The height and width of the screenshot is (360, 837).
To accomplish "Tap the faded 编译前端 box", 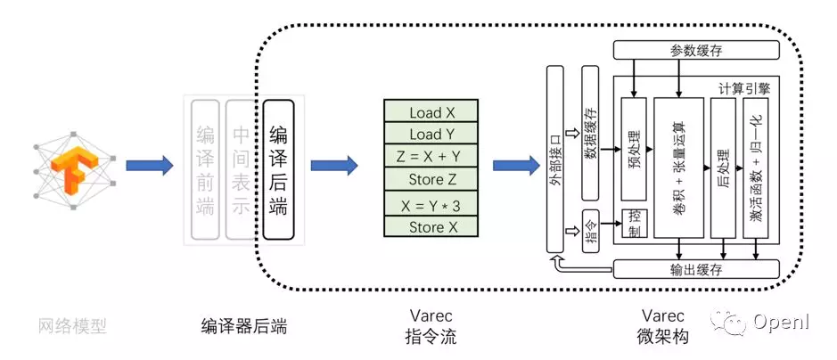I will [x=205, y=169].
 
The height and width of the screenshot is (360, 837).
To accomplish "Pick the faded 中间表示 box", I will [x=242, y=169].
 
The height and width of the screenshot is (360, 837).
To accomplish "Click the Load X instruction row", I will [x=432, y=112].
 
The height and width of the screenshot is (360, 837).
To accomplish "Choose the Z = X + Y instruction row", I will [x=432, y=156].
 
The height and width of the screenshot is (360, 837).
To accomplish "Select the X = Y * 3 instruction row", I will [x=432, y=206].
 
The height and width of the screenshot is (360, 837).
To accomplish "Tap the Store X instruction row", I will [x=432, y=227].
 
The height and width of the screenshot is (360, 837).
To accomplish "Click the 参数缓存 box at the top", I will [x=696, y=51].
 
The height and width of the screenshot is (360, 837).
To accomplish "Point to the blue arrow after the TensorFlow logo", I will [x=149, y=165].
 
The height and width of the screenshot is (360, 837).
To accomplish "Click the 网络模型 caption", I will [x=74, y=326].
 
